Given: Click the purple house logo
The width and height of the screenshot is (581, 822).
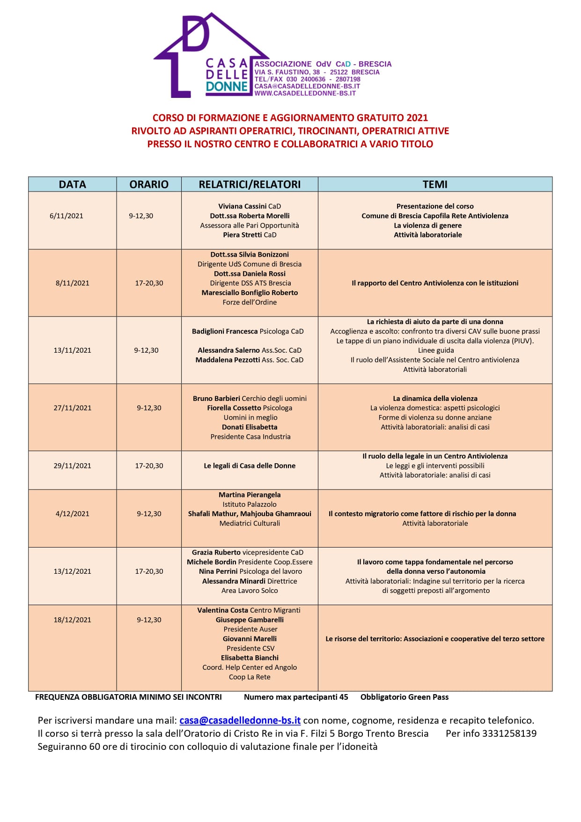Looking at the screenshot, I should (x=201, y=56).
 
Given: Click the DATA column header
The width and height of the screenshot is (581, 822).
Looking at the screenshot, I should (x=73, y=185).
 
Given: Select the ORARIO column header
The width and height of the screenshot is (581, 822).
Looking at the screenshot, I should (x=149, y=185).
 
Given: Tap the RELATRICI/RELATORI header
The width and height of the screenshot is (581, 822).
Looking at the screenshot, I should (x=250, y=185).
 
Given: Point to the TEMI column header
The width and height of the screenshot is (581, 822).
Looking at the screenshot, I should (x=435, y=185).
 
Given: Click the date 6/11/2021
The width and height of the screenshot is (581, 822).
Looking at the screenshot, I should (x=66, y=216).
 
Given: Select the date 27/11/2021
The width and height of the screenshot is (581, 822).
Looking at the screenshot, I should (x=73, y=408).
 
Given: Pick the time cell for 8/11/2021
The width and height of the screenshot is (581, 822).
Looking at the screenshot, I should (x=149, y=283).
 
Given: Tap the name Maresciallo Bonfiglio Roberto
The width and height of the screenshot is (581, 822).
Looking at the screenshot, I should (x=250, y=293).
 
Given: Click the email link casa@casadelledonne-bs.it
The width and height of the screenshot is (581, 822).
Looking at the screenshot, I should (x=240, y=720).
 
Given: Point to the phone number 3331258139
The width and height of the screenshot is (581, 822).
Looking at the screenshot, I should (x=509, y=733).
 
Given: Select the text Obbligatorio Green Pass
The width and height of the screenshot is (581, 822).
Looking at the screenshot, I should (x=404, y=697).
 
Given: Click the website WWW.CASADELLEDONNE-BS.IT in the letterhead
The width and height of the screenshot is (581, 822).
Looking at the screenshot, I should (x=305, y=93).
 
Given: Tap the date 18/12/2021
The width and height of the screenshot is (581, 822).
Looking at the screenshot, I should (x=73, y=620).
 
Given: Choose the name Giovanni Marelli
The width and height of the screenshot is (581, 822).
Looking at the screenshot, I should (x=250, y=639).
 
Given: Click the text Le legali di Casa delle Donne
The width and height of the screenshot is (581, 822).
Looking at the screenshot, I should (x=250, y=466).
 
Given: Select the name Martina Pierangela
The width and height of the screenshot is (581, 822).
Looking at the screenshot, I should (x=250, y=495).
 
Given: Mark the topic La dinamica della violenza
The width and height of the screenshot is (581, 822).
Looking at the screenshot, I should (x=435, y=399).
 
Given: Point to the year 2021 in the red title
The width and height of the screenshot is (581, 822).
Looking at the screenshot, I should (x=417, y=118).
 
